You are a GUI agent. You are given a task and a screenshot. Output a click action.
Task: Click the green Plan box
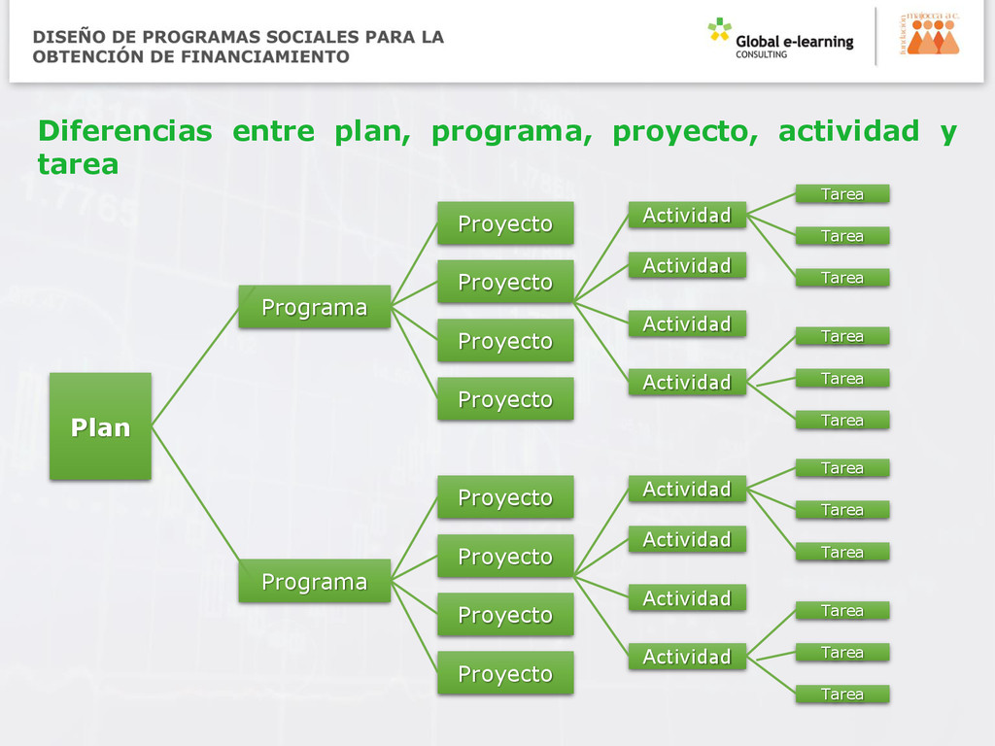pos(100,426)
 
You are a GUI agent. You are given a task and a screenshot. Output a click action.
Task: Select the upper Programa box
pos(314,307)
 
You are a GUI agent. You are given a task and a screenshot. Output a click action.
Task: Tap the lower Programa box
pos(314,581)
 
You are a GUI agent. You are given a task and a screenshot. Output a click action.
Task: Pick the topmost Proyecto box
pos(504,223)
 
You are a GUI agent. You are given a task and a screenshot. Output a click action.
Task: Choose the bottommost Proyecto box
pos(504,673)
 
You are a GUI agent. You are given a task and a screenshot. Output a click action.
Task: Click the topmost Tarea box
pos(841,194)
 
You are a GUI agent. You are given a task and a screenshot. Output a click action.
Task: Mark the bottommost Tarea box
pos(841,694)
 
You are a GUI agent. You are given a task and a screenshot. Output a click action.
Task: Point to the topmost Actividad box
pos(686,215)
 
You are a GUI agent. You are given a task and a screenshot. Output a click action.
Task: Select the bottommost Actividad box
pos(686,657)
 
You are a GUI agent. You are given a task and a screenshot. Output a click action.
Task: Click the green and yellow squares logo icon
pos(719,30)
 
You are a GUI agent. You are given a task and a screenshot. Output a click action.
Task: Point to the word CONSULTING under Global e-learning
pos(761,55)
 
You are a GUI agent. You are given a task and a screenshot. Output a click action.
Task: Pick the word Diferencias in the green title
pos(124,131)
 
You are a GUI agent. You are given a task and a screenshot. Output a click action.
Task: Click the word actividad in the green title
pos(848,131)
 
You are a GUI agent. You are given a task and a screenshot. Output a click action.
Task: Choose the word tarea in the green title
pos(78,165)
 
